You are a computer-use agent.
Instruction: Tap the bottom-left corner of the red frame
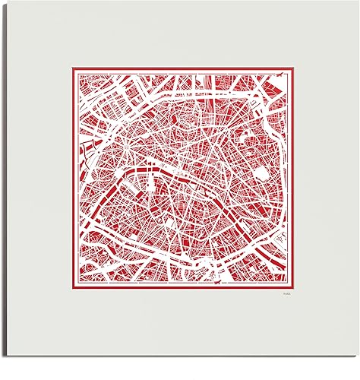point(71,290)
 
